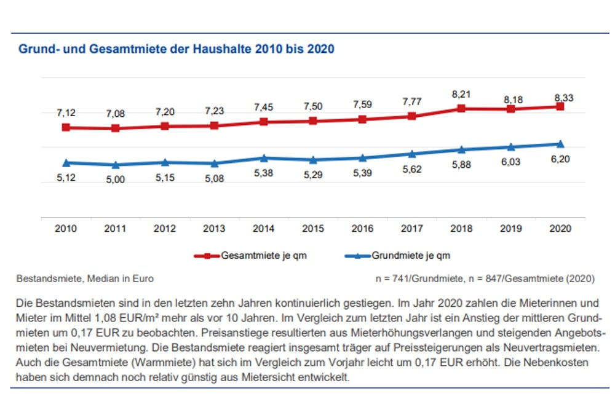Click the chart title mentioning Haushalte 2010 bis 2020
177,49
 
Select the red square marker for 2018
461,109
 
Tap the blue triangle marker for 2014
263,159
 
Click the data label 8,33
560,97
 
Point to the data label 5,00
115,179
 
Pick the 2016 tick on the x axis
362,228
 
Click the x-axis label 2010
66,228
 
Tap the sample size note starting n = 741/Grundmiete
485,278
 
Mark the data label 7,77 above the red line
411,101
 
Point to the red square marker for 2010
66,127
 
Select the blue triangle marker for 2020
560,144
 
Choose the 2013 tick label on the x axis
214,228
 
